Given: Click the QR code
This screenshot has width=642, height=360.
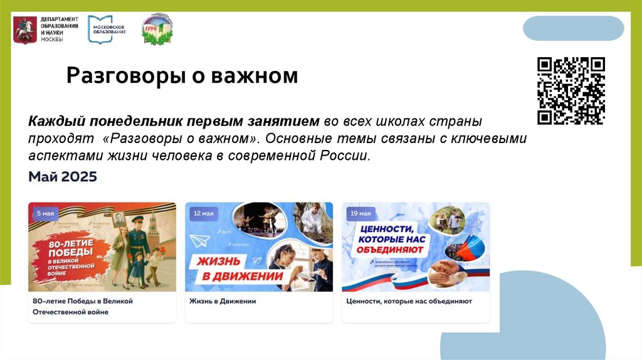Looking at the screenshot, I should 571,90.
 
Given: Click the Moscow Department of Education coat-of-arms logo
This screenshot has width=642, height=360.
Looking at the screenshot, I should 25,29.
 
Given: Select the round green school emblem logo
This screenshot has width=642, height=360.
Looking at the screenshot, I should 157,28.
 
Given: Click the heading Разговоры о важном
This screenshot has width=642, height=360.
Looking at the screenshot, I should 182,77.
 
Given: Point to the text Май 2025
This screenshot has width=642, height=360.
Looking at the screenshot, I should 63,177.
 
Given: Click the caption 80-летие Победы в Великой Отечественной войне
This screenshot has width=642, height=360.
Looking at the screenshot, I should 82,306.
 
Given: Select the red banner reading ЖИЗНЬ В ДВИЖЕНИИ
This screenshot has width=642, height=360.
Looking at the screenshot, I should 234,268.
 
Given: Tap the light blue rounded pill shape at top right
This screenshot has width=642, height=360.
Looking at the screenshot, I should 573,28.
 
